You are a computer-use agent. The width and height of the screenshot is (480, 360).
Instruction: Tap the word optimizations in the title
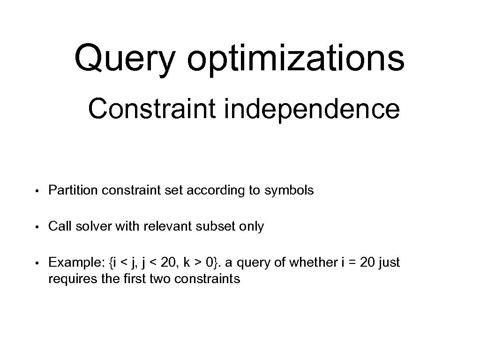[295, 58]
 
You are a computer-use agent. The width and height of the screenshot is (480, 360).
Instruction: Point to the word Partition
[73, 191]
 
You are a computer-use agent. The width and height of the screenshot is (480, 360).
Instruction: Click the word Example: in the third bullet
[75, 262]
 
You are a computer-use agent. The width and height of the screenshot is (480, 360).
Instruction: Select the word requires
[68, 279]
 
